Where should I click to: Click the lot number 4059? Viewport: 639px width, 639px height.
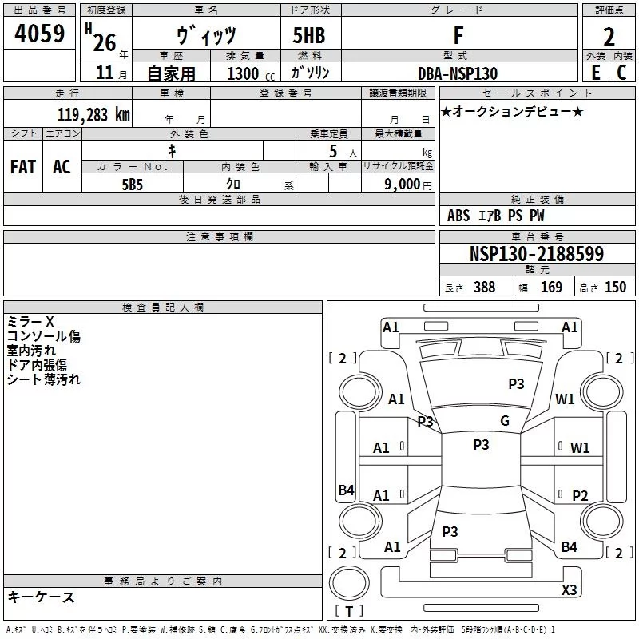coord(39,33)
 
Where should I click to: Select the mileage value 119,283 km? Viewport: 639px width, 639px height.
coord(93,114)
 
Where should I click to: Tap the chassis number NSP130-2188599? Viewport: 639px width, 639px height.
coord(536,254)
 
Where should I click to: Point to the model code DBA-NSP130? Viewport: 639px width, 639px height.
coord(458,73)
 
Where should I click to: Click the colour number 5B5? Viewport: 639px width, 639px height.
coord(132,183)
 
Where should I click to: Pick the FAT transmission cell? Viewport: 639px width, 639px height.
coord(23,167)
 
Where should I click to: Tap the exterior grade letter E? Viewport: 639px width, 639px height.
coord(595,73)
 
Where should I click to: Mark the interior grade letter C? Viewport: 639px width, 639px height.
coord(621,73)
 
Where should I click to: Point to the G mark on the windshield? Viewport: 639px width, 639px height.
coord(504,421)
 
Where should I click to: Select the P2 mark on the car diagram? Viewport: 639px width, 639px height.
coord(580,495)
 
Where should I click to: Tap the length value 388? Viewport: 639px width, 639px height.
coord(484,288)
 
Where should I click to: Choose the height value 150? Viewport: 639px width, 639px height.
coord(615,288)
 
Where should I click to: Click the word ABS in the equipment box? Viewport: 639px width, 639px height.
coord(458,216)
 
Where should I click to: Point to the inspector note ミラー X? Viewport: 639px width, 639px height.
coord(30,321)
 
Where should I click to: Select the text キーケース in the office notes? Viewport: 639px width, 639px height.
coord(41,597)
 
